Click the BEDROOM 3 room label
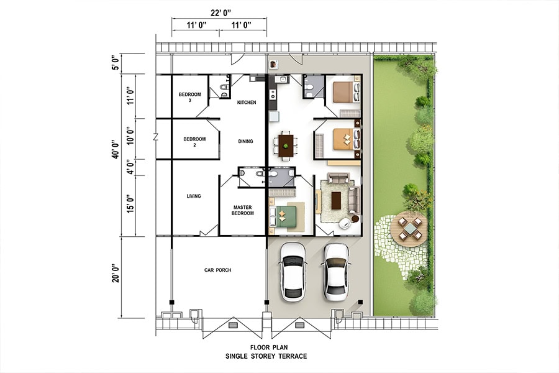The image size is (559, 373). coord(189,98)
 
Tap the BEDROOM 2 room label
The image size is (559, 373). coord(194,142)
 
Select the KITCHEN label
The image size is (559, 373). coord(247,103)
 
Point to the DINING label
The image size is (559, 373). coord(245,141)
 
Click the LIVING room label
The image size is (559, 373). coord(194,196)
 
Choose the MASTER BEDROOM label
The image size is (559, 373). coord(243,210)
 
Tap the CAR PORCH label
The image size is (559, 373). coord(218,270)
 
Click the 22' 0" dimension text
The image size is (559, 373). coord(220,13)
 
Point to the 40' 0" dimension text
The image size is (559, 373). coord(115,149)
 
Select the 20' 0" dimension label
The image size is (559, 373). coord(115,274)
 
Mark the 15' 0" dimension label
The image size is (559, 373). coord(130,203)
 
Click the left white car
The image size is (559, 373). coord(293,272)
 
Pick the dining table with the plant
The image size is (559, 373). coord(286,145)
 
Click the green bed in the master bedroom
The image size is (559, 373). coord(283,216)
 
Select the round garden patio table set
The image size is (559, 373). coord(409,228)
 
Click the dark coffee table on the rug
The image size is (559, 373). coord(336,201)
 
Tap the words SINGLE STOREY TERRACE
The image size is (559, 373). coord(266,356)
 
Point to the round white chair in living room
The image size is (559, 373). coord(345,223)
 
